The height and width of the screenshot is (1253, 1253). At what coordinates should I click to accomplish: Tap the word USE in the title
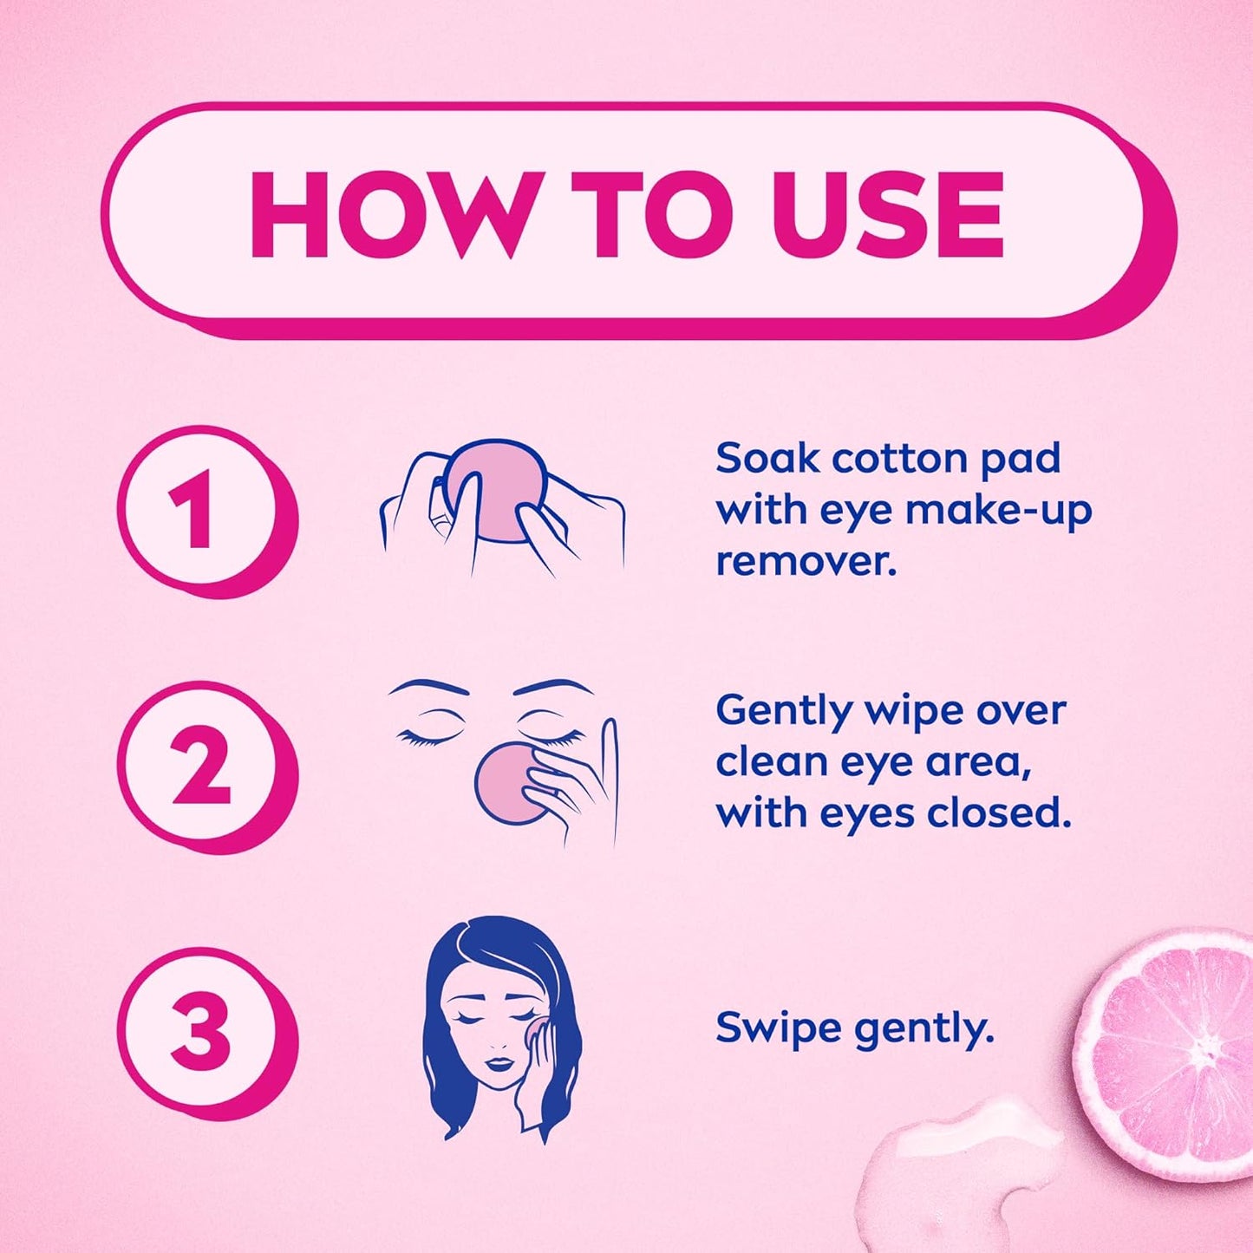pos(888,215)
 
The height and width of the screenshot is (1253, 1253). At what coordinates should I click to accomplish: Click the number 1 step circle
pos(206,517)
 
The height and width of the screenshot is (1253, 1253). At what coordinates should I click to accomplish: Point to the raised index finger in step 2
pos(609,767)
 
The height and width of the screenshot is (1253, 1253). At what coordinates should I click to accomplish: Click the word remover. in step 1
pos(806,563)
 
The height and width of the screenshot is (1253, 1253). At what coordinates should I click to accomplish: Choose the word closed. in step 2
pos(994,814)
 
